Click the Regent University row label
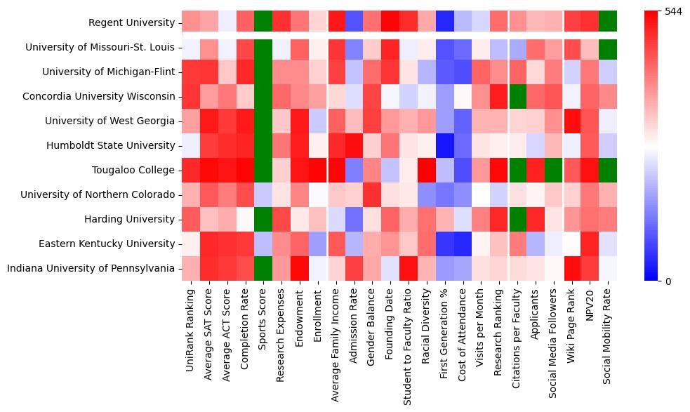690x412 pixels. [x=131, y=23]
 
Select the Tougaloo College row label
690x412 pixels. [x=133, y=170]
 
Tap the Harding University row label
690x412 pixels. [x=129, y=219]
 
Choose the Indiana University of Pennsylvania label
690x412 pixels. [x=100, y=268]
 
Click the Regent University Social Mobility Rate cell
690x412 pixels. [x=608, y=22]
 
